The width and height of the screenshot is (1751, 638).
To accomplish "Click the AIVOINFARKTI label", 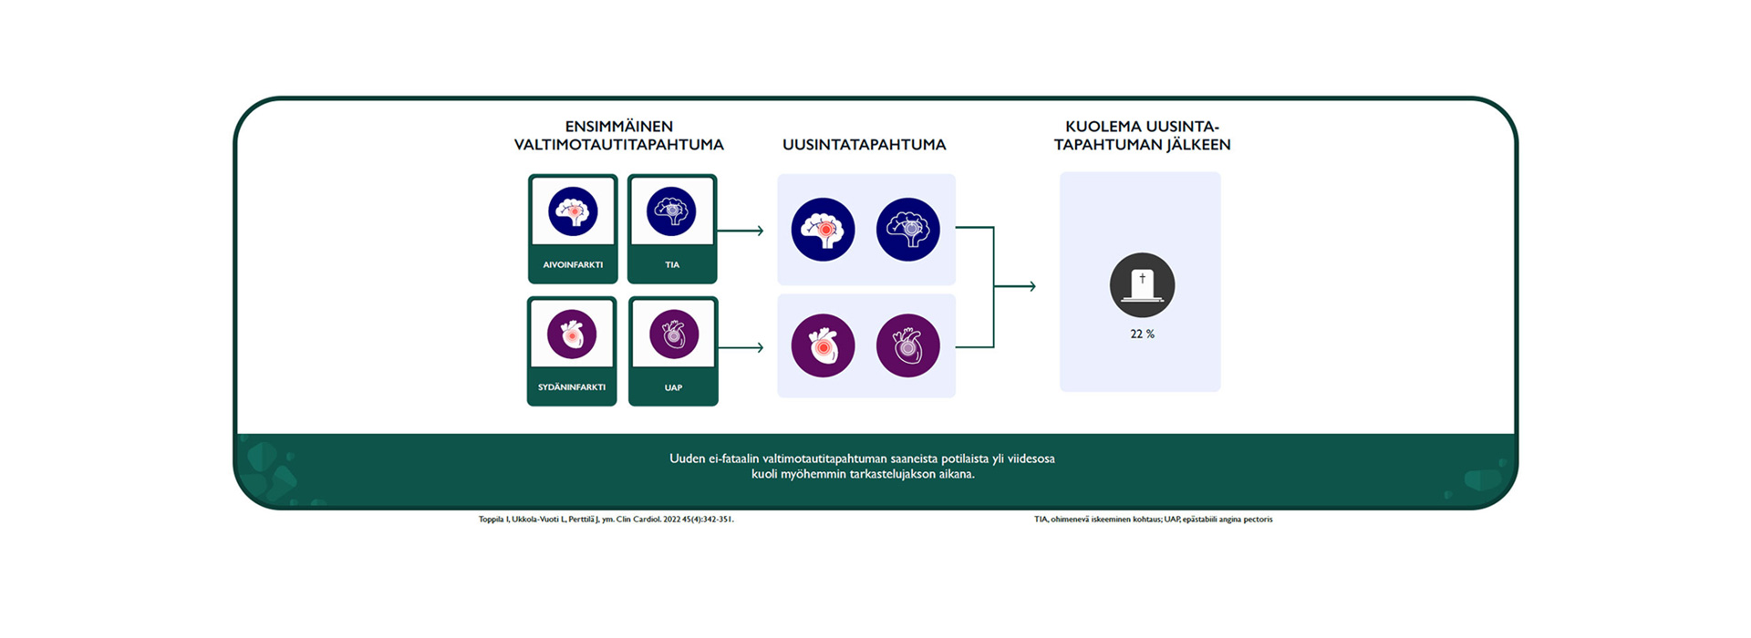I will pyautogui.click(x=573, y=265).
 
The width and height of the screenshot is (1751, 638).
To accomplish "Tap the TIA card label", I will pyautogui.click(x=672, y=265).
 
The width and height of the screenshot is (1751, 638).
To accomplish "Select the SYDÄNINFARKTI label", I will pyautogui.click(x=572, y=387).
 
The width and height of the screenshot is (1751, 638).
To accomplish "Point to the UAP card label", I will pyautogui.click(x=673, y=388).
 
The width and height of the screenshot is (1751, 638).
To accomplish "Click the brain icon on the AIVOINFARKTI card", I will pyautogui.click(x=573, y=211).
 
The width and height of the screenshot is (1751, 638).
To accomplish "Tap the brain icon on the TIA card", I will pyautogui.click(x=671, y=211).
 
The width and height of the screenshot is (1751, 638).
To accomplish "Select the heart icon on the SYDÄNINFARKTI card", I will pyautogui.click(x=572, y=334).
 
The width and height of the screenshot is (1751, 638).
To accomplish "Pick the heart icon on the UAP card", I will pyautogui.click(x=674, y=334).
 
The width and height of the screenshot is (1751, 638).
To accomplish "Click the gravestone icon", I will pyautogui.click(x=1142, y=285).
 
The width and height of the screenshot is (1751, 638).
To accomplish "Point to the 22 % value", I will pyautogui.click(x=1142, y=334).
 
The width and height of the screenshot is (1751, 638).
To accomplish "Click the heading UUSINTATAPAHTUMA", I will pyautogui.click(x=864, y=145).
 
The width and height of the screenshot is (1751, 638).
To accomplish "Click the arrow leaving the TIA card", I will pyautogui.click(x=741, y=231).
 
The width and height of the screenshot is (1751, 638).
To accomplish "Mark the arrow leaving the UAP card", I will pyautogui.click(x=741, y=347).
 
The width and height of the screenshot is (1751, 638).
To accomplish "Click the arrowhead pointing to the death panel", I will pyautogui.click(x=1031, y=286).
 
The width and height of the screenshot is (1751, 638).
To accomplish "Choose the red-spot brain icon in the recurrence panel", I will pyautogui.click(x=823, y=230).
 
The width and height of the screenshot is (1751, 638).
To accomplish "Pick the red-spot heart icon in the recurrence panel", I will pyautogui.click(x=823, y=345).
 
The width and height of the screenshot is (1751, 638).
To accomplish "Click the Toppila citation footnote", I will pyautogui.click(x=606, y=520).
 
